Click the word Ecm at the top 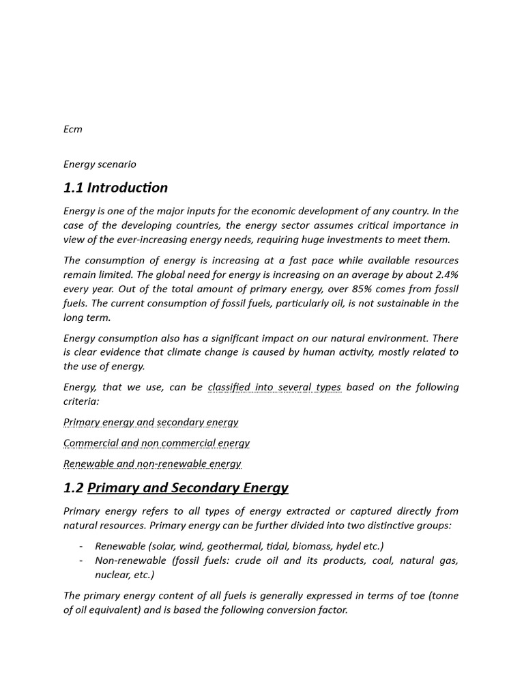(72, 129)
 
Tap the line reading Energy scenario (100, 164)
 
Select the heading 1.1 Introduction (115, 188)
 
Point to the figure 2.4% (446, 274)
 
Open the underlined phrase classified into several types (274, 387)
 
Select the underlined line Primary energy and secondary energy (151, 422)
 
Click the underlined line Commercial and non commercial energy (156, 443)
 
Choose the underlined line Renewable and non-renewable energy (152, 464)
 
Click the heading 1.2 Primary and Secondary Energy (176, 487)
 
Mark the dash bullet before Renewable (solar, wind (81, 546)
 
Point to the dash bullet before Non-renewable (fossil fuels (81, 560)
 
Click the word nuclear (113, 575)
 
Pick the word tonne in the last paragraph (443, 596)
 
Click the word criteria (81, 401)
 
